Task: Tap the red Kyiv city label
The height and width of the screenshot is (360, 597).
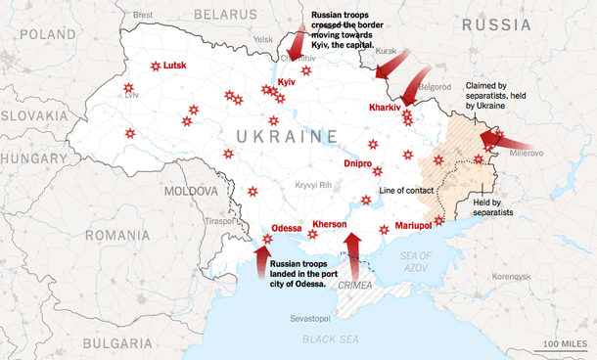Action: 287,82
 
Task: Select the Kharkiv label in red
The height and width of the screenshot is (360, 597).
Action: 385,107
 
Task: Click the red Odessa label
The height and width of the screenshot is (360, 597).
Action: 286,228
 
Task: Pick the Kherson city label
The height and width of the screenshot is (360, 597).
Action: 330,225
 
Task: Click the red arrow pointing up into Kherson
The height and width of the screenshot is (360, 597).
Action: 353,249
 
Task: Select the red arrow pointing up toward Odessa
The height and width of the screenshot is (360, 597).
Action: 261,261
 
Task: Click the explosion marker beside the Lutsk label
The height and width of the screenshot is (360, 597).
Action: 155,67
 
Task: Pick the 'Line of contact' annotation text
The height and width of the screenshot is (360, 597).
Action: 405,189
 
